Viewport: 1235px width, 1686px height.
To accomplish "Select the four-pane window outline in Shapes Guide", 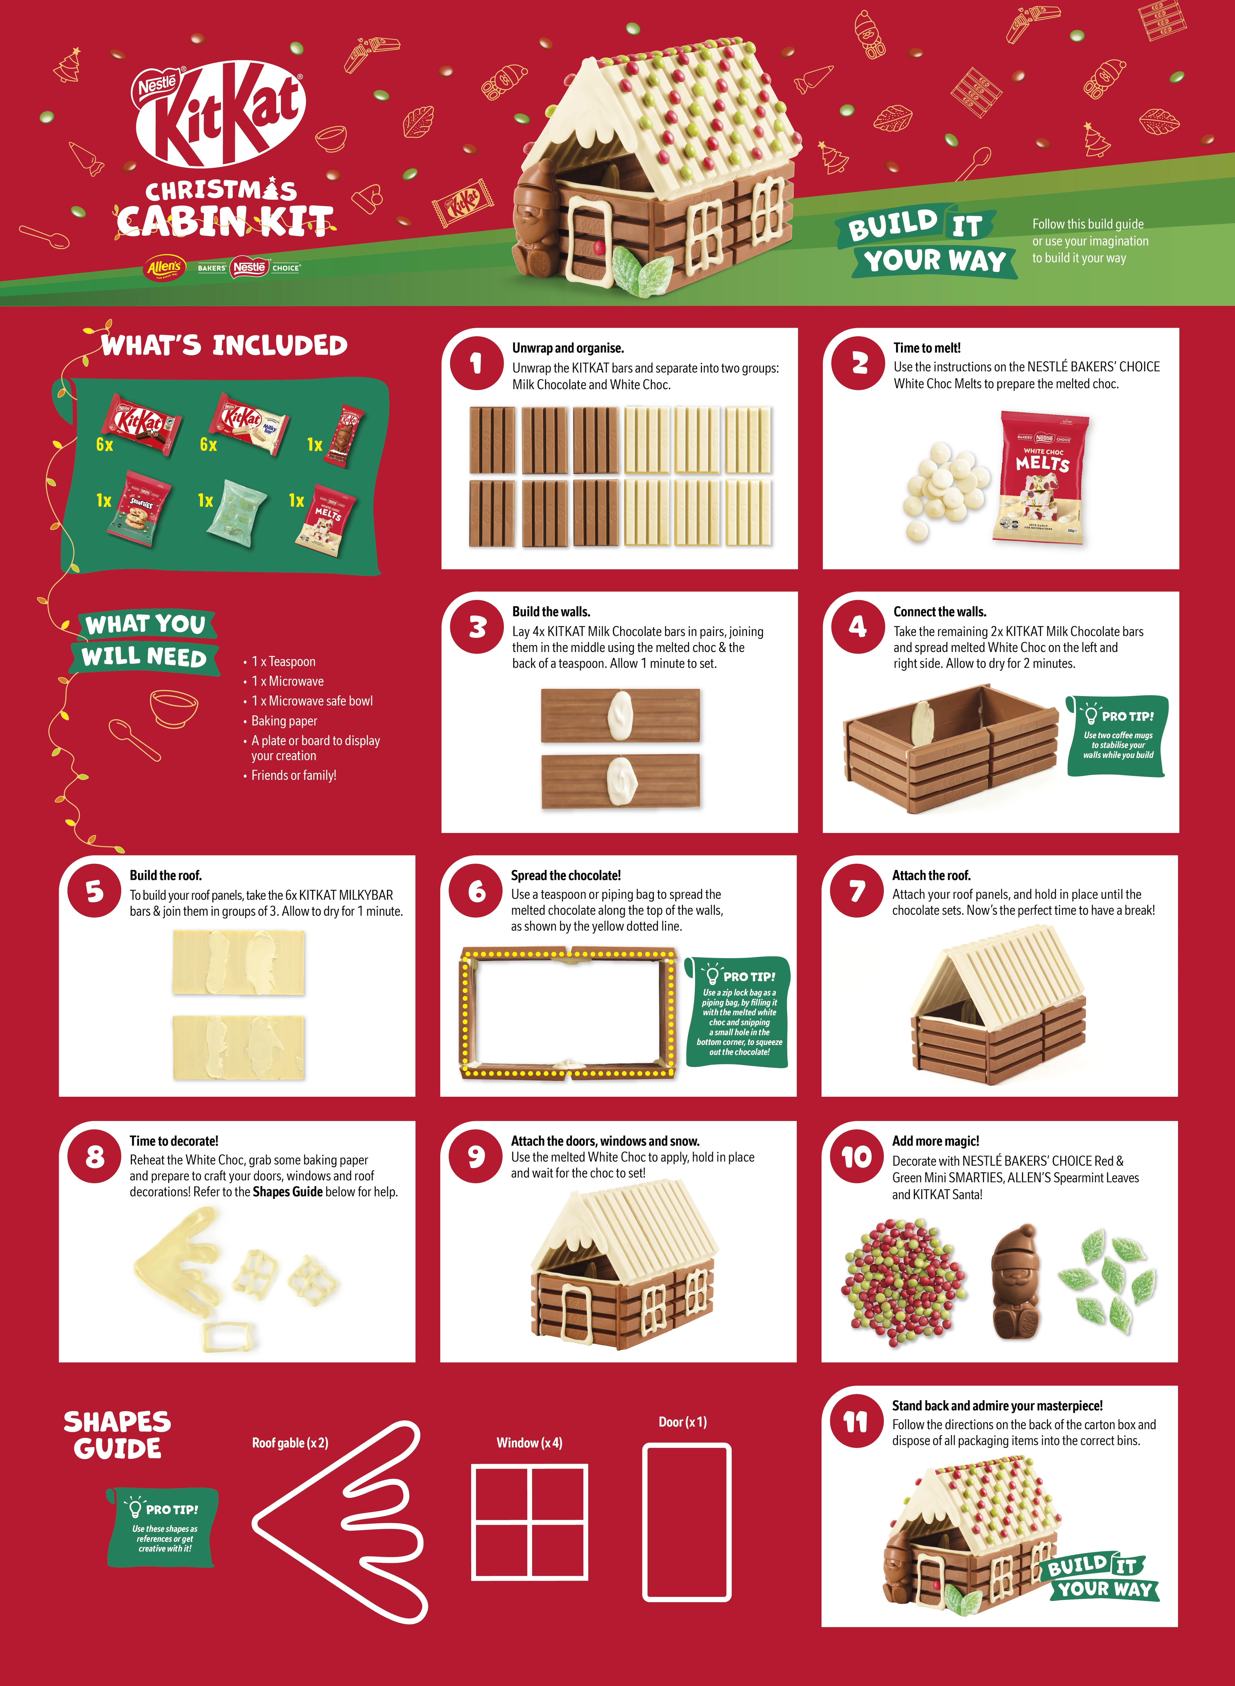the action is pyautogui.click(x=529, y=1522).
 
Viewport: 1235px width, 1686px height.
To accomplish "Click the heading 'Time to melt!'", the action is pyautogui.click(x=926, y=347).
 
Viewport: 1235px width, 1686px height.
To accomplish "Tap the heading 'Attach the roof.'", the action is pyautogui.click(x=931, y=875).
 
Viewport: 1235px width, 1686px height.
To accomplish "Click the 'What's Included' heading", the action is pyautogui.click(x=224, y=345).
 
